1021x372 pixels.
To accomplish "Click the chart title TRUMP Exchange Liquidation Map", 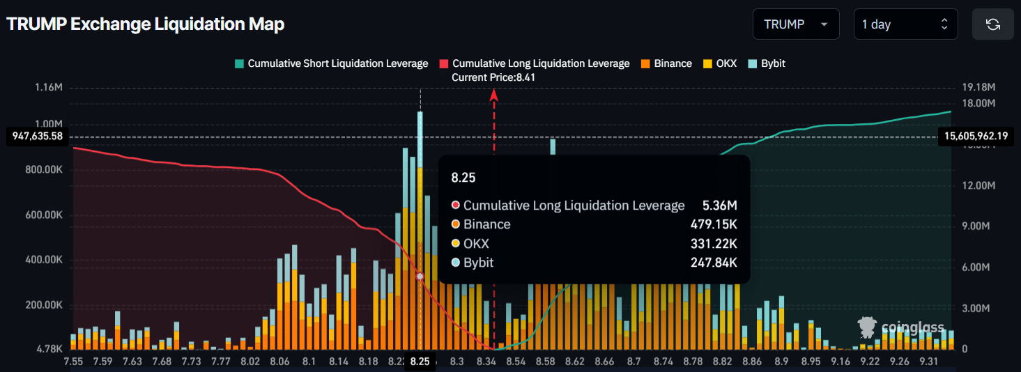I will pyautogui.click(x=146, y=24).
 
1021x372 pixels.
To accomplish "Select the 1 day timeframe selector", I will pyautogui.click(x=905, y=24).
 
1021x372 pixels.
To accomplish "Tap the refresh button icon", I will pyautogui.click(x=993, y=24).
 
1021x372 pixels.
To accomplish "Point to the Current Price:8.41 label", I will pyautogui.click(x=493, y=77).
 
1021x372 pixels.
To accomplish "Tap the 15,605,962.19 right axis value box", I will pyautogui.click(x=976, y=137).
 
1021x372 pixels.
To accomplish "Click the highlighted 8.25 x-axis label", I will pyautogui.click(x=420, y=362).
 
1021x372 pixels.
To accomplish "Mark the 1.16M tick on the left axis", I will pyautogui.click(x=48, y=88).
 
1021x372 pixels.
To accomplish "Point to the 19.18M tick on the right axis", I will pyautogui.click(x=978, y=88).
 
